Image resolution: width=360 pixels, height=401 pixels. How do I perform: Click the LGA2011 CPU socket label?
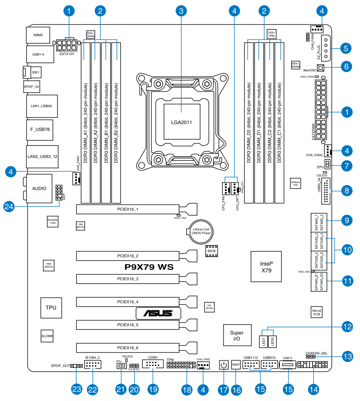click(x=181, y=122)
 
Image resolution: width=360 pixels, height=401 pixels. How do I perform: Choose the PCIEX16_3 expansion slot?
click(x=128, y=279)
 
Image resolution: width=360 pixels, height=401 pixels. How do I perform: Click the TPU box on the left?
click(x=51, y=308)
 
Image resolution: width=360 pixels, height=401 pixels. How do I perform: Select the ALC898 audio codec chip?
click(x=47, y=336)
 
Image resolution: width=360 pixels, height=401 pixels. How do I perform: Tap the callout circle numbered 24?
click(x=10, y=206)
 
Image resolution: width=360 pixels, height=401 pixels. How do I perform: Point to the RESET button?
click(x=236, y=364)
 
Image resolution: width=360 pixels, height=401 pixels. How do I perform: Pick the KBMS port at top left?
click(x=39, y=35)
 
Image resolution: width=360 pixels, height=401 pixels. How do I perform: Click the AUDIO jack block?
click(x=39, y=188)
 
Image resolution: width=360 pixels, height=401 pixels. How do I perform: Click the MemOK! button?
click(x=321, y=69)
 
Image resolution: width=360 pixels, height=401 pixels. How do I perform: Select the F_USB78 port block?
click(x=40, y=129)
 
